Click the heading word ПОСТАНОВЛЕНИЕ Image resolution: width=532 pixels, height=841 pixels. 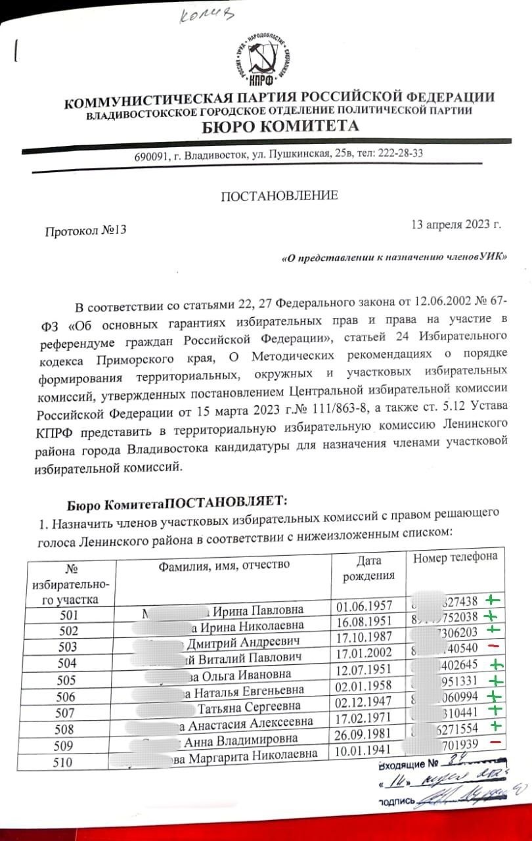pos(279,195)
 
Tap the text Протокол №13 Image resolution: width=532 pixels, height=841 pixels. pos(85,231)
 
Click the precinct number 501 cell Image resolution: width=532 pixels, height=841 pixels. pos(68,616)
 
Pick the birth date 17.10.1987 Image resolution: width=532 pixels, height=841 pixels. pos(363,637)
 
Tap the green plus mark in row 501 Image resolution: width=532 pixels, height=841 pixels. pos(491,600)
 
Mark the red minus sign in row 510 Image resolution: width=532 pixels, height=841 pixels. pos(495,742)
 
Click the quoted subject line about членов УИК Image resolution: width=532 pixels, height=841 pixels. pos(394,258)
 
